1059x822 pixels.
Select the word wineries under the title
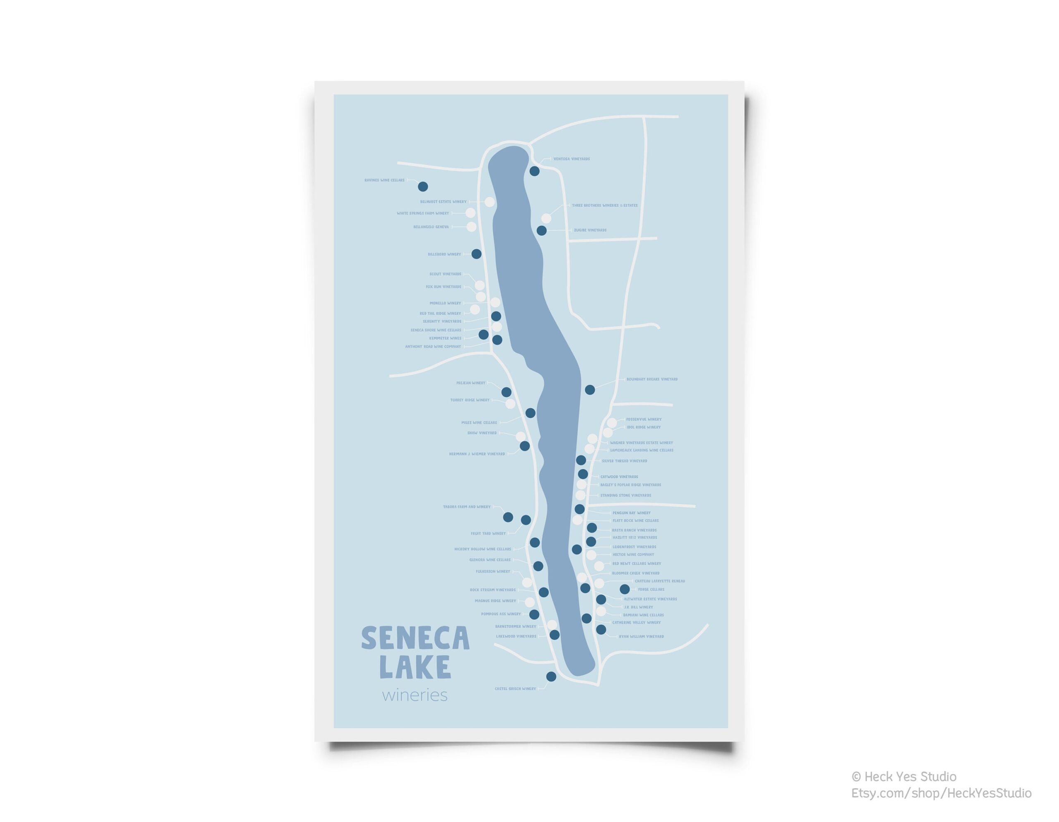[414, 695]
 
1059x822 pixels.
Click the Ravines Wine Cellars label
[385, 180]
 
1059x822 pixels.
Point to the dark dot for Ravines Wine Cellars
[423, 186]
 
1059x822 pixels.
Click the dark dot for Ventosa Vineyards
[534, 171]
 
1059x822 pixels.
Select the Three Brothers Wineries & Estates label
[605, 206]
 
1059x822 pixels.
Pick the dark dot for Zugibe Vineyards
[541, 231]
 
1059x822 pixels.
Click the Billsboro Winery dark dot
[477, 254]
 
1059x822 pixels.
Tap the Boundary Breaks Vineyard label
[652, 379]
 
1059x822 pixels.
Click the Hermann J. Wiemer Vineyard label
[477, 454]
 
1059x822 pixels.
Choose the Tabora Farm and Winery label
[467, 507]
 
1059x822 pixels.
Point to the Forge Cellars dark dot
[625, 589]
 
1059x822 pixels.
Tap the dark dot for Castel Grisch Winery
[551, 676]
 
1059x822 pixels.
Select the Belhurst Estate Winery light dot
[490, 202]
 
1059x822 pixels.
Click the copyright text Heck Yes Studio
[903, 777]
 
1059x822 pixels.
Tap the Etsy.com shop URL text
[941, 793]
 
